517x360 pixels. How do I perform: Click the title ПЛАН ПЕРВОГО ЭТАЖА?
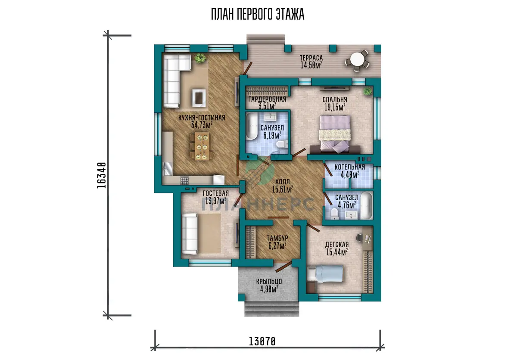click(258, 14)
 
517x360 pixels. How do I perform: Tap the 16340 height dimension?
click(102, 176)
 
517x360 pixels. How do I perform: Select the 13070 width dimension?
click(262, 341)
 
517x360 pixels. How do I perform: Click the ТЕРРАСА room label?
click(311, 58)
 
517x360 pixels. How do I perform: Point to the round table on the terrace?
click(357, 60)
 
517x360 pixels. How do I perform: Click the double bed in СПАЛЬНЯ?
click(335, 134)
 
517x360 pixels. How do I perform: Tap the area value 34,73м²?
click(202, 125)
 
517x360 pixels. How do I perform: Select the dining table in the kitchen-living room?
click(202, 146)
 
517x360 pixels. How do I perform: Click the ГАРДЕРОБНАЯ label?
click(267, 99)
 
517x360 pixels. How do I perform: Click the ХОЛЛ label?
click(283, 182)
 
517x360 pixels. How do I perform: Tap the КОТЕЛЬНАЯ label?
click(350, 167)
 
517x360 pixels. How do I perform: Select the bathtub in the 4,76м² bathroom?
click(367, 206)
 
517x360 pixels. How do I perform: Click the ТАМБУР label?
click(277, 238)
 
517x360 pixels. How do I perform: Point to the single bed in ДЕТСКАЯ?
click(325, 274)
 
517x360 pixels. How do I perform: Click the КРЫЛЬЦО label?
click(269, 281)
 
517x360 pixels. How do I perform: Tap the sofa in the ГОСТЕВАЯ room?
click(190, 234)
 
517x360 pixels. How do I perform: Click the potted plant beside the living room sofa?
click(200, 58)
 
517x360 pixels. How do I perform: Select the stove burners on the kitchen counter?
click(184, 180)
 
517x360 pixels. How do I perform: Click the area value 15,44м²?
click(337, 252)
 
